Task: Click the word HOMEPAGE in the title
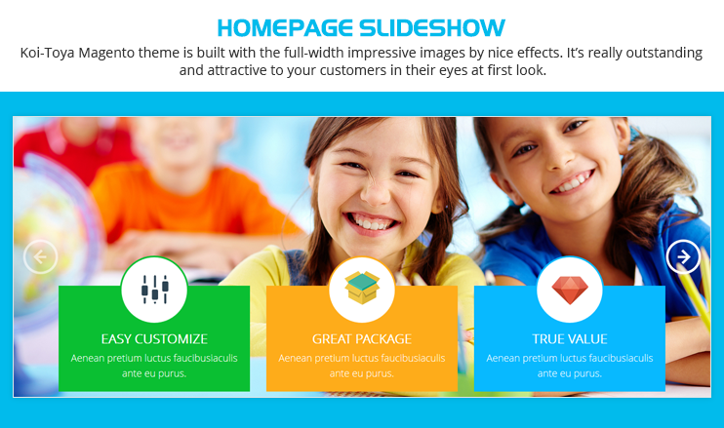coord(285,27)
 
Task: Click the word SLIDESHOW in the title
coord(432,27)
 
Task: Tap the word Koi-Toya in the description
coord(47,53)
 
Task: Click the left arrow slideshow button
coord(40,256)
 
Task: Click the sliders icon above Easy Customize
coord(155,290)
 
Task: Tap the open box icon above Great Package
coord(362,288)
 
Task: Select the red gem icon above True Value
coord(570,291)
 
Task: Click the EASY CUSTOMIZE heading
coord(154,339)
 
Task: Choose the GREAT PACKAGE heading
coord(362,339)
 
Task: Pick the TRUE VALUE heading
coord(570,339)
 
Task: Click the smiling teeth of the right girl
coord(574,182)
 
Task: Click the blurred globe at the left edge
coord(56,240)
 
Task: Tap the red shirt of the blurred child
coord(69,147)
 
